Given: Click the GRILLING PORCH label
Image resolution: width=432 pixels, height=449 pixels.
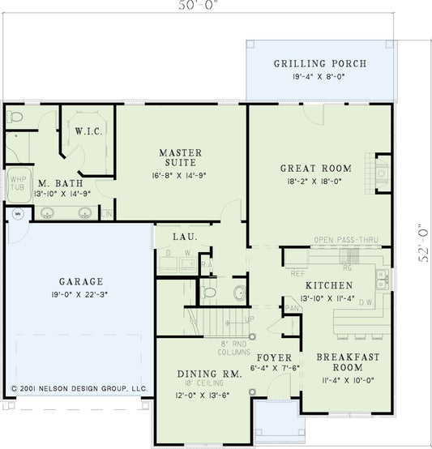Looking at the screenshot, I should [320, 64].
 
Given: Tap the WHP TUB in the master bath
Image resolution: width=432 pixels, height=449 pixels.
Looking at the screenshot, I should [16, 186].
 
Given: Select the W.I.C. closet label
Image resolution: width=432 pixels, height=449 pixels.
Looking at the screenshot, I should [87, 131].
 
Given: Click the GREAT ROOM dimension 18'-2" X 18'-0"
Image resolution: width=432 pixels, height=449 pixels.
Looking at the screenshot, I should [309, 182].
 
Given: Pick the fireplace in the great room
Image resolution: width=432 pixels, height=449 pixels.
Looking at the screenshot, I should [382, 173].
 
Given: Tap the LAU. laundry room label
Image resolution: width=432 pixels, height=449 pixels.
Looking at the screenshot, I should [181, 237].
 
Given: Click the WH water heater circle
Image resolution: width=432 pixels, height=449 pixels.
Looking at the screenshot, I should [17, 215].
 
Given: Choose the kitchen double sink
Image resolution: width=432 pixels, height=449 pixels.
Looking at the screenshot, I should [381, 280].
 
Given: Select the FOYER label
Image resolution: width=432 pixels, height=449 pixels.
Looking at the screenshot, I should [273, 357].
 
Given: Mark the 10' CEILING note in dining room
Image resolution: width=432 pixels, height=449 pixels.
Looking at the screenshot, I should [199, 385].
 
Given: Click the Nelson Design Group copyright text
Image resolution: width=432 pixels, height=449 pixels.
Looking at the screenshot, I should [79, 389].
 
